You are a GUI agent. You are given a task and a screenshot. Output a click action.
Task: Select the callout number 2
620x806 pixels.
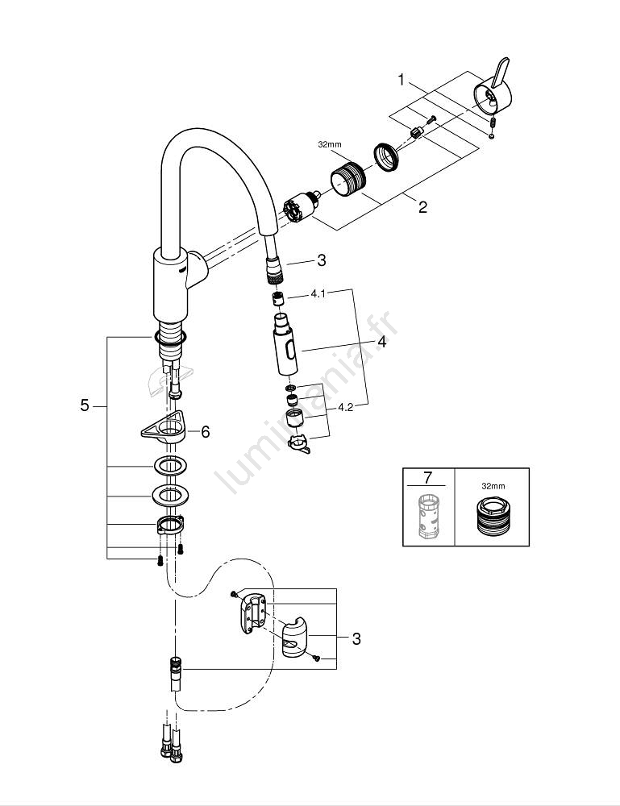pos(422,206)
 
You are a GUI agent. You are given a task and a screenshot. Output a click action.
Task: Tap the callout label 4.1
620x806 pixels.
pos(318,295)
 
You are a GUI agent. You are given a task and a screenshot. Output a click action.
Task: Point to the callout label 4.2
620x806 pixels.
pos(345,407)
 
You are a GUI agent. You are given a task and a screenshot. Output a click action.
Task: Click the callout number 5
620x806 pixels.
pos(85,405)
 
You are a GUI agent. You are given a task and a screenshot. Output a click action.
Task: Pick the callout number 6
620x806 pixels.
pos(205,432)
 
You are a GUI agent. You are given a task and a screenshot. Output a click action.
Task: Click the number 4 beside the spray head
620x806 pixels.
pos(381,342)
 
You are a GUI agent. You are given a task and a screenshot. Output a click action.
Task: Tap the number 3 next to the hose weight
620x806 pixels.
pos(356,639)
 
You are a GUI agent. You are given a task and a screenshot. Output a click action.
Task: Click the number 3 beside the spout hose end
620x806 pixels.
pos(321,260)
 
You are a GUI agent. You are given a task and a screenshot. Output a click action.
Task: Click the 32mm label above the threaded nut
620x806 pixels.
pos(331,145)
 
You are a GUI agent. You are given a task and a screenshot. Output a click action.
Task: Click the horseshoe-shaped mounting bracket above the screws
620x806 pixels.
pos(169,526)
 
